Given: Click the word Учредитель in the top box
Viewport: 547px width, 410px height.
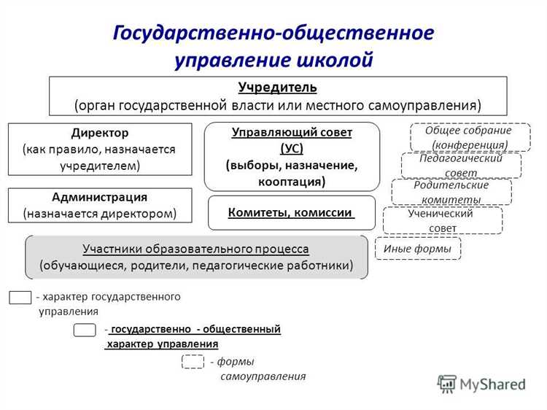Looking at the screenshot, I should (278, 88).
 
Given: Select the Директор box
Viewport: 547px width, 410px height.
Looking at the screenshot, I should (99, 149).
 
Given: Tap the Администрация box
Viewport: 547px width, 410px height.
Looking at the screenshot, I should (99, 205).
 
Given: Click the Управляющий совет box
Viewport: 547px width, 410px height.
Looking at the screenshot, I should (292, 156).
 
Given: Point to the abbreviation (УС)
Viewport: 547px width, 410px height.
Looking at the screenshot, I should (292, 149).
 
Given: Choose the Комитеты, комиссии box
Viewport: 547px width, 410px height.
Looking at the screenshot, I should (292, 213).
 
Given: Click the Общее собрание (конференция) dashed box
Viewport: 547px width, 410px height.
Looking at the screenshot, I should (470, 136).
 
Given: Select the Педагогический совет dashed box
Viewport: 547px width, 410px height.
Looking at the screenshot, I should (461, 165).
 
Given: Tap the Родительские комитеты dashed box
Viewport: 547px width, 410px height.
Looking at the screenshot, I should (451, 192).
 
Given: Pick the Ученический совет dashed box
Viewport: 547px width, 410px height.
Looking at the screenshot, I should (442, 220).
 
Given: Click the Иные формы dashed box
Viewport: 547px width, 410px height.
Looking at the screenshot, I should (417, 249).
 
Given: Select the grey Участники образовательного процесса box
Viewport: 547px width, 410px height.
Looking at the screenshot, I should (196, 257).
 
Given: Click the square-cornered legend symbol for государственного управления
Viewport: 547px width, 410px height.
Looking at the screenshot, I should (20, 297).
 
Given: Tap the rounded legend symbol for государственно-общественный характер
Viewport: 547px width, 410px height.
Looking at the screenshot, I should (85, 330).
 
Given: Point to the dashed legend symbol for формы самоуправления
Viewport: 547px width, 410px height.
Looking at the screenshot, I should (193, 362).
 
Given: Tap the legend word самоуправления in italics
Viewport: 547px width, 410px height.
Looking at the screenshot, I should (263, 376).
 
